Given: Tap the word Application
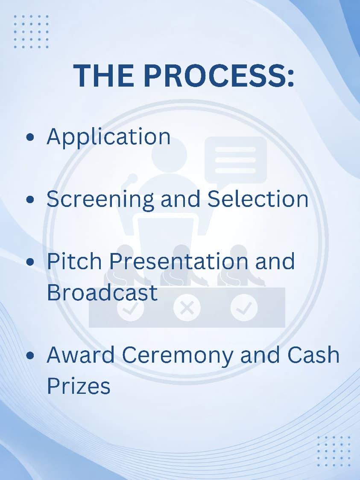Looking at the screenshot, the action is click(108, 137).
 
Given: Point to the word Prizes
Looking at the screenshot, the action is click(79, 386).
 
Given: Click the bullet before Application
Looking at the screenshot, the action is click(30, 137).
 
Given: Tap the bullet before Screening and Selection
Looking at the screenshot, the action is click(30, 200).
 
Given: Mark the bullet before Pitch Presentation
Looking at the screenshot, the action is click(30, 262).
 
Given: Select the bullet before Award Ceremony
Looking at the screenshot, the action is click(30, 355).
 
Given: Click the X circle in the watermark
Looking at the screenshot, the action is click(187, 308).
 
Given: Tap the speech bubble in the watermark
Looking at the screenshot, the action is click(236, 161).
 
